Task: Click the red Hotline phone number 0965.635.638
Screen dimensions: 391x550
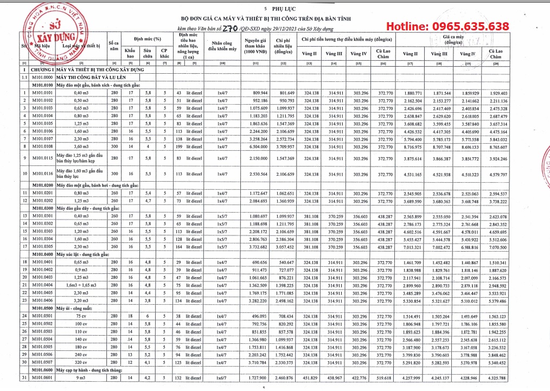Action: tap(447, 27)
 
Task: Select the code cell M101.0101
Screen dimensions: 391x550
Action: tap(42, 93)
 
